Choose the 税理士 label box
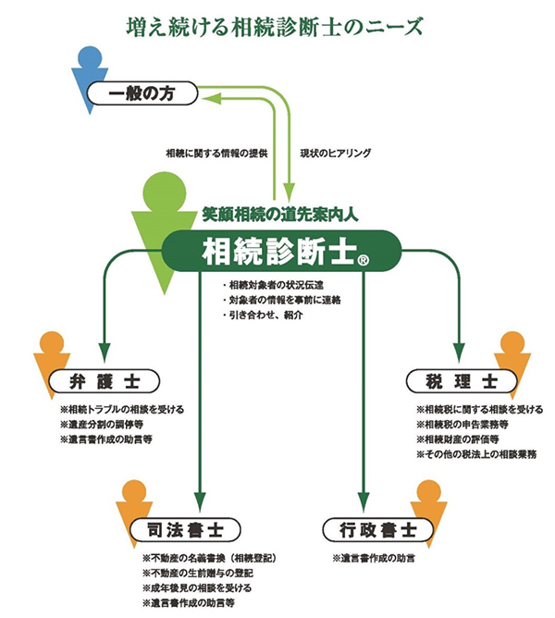coord(453,380)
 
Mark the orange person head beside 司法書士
coord(134,492)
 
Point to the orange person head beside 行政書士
coord(430,492)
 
